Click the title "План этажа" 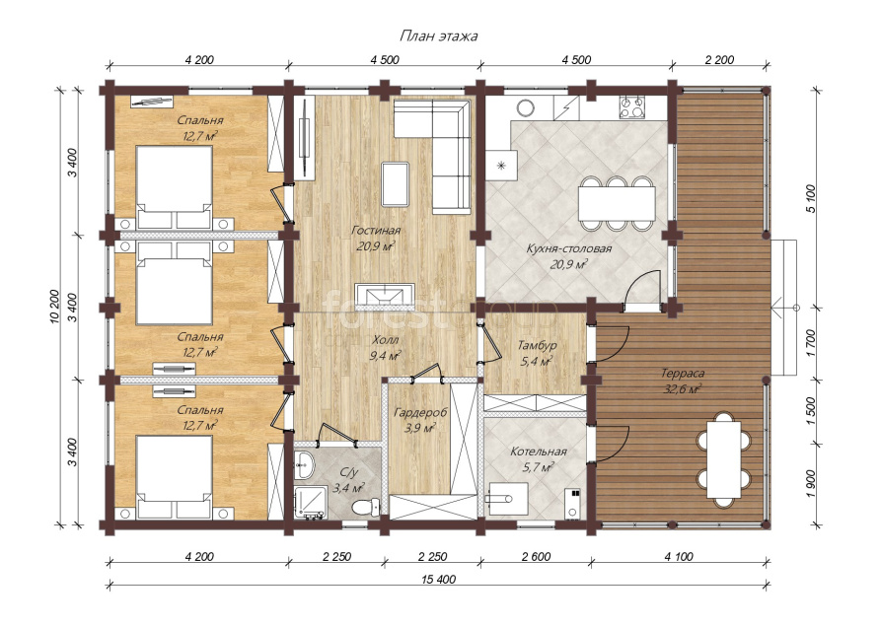click(x=438, y=36)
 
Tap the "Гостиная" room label click(x=376, y=230)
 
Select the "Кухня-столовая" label click(x=568, y=248)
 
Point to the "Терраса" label click(x=682, y=373)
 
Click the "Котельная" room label click(x=539, y=452)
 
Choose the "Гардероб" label click(x=420, y=413)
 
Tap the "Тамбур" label click(x=537, y=345)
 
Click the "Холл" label click(x=386, y=340)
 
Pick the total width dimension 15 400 click(x=439, y=580)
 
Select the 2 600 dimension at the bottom click(x=536, y=557)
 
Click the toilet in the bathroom click(x=365, y=507)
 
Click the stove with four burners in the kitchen click(x=632, y=107)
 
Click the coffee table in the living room click(x=396, y=184)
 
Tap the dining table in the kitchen click(x=617, y=203)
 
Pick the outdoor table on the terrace click(x=724, y=459)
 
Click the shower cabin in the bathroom click(x=309, y=503)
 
